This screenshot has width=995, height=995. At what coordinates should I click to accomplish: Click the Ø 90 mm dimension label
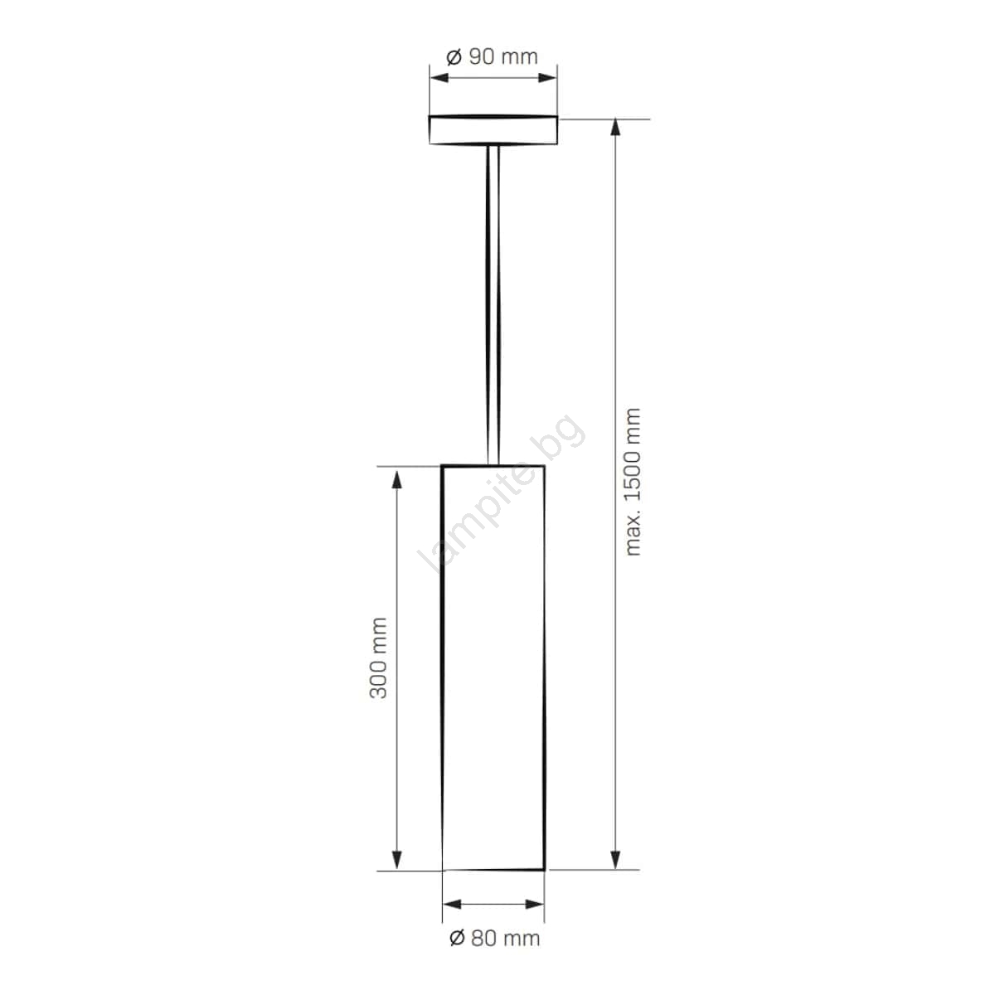492,57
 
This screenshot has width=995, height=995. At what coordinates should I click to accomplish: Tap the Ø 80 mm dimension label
494,923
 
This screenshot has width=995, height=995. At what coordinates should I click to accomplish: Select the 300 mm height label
378,658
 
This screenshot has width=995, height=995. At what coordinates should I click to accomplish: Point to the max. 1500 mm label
632,482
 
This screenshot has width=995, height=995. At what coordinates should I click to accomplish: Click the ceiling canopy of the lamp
493,129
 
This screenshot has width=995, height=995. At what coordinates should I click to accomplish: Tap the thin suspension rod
493,305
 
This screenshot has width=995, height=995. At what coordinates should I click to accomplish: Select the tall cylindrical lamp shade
493,667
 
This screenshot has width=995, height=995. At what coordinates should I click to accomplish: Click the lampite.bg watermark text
502,493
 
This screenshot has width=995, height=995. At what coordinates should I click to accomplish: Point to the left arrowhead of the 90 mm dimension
439,78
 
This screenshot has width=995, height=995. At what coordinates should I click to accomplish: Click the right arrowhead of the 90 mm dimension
547,78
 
